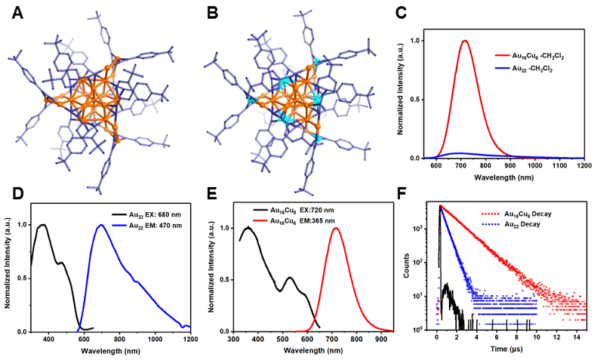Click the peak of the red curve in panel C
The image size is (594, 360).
(465, 41)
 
